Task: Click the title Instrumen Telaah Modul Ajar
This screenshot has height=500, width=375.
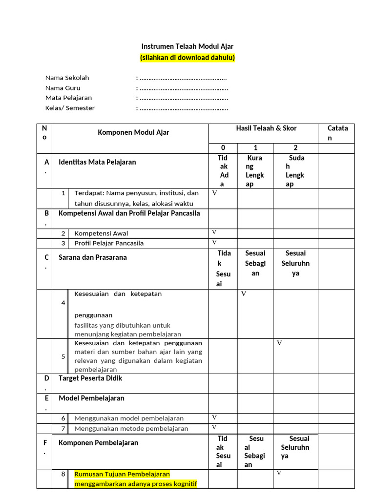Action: [187, 46]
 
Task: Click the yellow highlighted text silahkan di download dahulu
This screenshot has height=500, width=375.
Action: [187, 58]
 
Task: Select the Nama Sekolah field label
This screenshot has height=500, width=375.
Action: [67, 78]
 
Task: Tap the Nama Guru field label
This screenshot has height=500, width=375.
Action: [63, 88]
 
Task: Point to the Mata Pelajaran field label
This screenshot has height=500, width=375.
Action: [69, 98]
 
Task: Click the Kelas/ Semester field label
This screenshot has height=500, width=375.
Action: [70, 108]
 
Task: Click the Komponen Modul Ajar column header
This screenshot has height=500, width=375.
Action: [134, 132]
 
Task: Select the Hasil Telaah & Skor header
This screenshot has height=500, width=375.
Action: [266, 128]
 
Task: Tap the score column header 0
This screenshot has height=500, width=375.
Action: [223, 147]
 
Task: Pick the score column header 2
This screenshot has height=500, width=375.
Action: [295, 147]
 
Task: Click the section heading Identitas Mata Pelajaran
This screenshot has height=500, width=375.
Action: [97, 162]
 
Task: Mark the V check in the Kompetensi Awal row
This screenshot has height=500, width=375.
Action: [214, 232]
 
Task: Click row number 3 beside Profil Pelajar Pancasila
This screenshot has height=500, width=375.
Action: [63, 243]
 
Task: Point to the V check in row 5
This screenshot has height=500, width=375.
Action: [279, 343]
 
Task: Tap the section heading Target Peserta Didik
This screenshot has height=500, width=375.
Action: [90, 378]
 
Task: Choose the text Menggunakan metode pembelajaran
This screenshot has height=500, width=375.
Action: [131, 429]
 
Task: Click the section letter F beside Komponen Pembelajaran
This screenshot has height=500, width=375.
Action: [45, 442]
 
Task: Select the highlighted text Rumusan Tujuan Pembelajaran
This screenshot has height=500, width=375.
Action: [122, 474]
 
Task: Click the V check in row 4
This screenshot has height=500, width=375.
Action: [244, 293]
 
